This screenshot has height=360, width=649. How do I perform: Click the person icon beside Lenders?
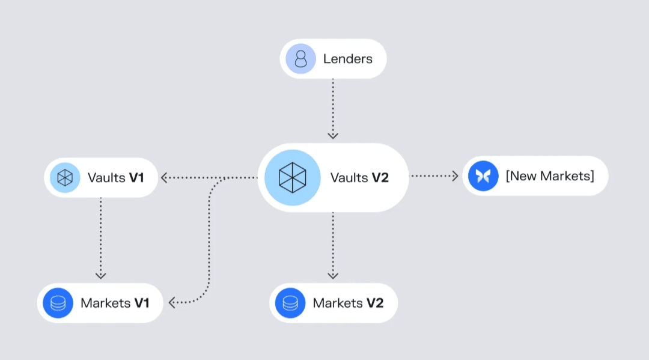[x=300, y=59]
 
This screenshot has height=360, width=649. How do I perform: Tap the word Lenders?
[x=348, y=59]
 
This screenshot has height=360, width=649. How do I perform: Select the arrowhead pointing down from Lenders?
[x=333, y=135]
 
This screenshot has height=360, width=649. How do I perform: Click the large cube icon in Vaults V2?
[x=293, y=177]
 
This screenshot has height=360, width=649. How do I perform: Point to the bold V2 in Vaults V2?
[x=380, y=178]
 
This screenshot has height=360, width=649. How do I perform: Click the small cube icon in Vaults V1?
[x=66, y=177]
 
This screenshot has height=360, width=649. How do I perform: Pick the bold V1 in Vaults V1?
[x=136, y=178]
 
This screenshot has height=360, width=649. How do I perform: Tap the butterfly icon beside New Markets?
[x=484, y=176]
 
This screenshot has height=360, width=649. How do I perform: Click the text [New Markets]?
[x=549, y=176]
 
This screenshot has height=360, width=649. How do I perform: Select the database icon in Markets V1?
[x=58, y=303]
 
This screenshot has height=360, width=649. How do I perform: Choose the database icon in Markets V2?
[x=291, y=303]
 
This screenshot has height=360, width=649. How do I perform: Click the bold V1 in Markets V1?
[x=141, y=303]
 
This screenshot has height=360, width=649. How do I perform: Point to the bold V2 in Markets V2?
[x=374, y=303]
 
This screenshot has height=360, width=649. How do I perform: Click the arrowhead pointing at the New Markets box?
[x=455, y=176]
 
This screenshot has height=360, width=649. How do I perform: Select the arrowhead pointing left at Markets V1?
[x=172, y=303]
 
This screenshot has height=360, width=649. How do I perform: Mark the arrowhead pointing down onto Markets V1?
[x=101, y=275]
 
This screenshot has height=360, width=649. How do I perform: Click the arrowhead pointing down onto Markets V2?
[x=333, y=275]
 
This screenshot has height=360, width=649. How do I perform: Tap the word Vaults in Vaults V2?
[x=349, y=178]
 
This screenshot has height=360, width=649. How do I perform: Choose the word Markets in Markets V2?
[x=337, y=303]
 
